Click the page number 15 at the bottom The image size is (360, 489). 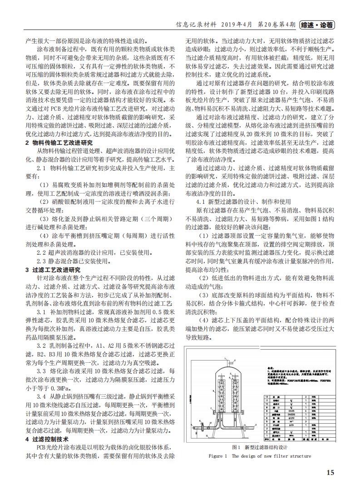coord(330,472)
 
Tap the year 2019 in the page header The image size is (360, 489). coord(231,25)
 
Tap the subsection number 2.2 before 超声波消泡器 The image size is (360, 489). coord(41,252)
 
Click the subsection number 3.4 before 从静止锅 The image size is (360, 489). coord(41,397)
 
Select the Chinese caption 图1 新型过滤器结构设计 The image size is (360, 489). coord(260,447)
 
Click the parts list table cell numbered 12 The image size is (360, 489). coord(267,396)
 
